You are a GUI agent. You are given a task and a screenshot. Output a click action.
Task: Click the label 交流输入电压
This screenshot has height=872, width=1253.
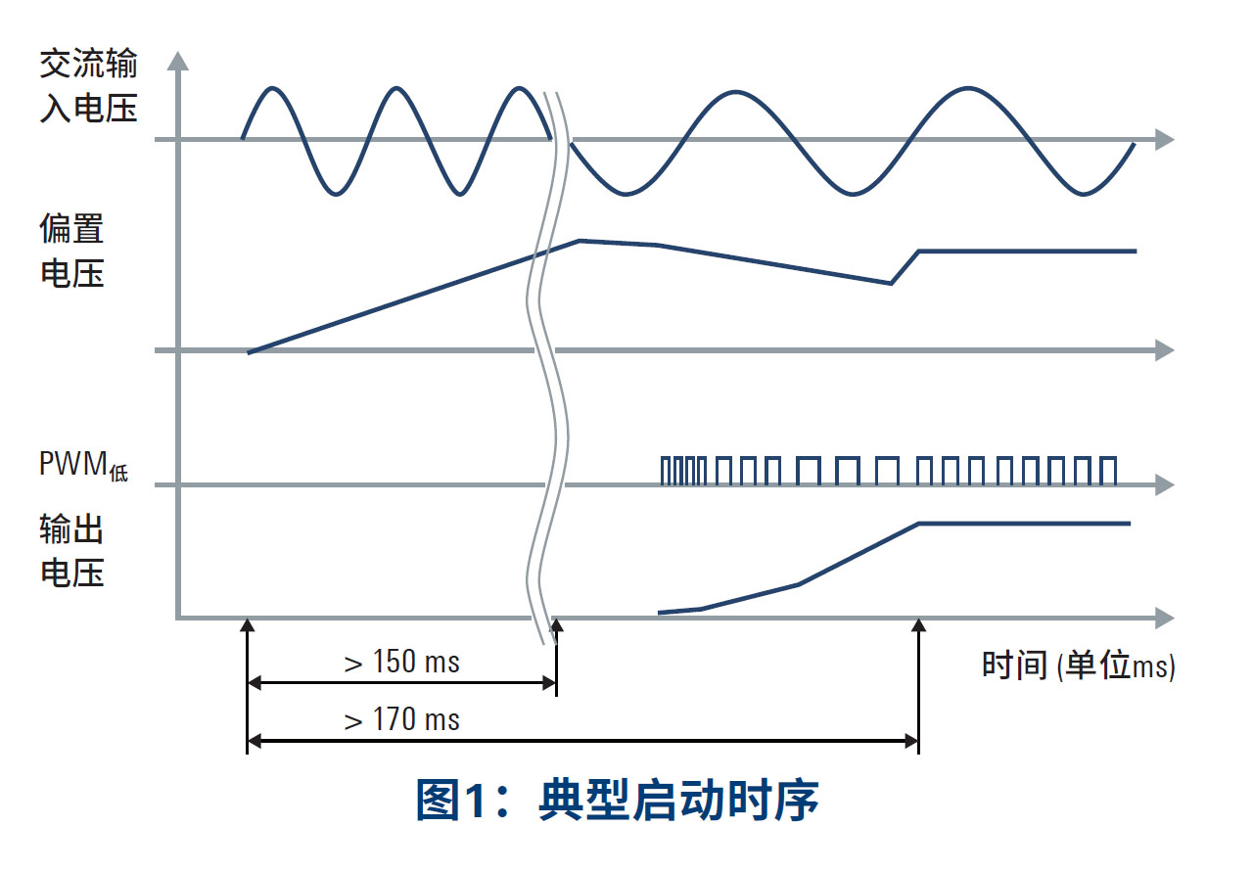click(88, 87)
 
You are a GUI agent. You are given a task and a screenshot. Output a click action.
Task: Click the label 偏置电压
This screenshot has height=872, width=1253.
click(71, 252)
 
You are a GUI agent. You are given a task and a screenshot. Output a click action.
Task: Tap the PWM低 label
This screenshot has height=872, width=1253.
click(84, 464)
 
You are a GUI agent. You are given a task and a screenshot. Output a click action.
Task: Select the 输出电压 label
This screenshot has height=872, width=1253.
click(71, 551)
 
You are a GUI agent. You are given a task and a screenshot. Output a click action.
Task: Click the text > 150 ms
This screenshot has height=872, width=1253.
click(401, 663)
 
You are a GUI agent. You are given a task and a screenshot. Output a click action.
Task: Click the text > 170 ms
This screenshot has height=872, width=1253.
click(401, 721)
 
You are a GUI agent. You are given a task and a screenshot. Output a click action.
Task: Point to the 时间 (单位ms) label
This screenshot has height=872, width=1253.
click(1078, 665)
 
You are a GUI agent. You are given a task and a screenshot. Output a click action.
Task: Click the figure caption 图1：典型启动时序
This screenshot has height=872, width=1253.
click(617, 801)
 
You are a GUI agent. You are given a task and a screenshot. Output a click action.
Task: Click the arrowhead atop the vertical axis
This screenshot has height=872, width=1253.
click(177, 61)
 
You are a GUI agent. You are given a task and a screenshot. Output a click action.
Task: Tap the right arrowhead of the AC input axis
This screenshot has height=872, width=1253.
click(1164, 139)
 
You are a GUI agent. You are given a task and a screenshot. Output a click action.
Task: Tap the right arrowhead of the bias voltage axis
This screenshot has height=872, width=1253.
click(1164, 350)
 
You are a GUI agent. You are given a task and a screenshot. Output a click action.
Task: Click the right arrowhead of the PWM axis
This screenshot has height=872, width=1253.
click(1164, 484)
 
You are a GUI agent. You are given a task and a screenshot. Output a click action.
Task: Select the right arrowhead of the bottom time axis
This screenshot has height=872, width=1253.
click(1164, 618)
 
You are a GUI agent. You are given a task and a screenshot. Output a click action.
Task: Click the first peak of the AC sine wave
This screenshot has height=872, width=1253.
click(273, 88)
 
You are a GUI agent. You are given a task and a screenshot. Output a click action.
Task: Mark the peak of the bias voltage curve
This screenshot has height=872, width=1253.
click(580, 240)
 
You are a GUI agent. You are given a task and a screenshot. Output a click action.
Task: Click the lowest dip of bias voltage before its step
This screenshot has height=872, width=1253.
click(891, 284)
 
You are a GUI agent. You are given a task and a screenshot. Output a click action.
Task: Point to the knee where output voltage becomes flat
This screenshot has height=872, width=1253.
click(919, 524)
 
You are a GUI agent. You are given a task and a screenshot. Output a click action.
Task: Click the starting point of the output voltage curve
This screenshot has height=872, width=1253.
click(660, 613)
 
